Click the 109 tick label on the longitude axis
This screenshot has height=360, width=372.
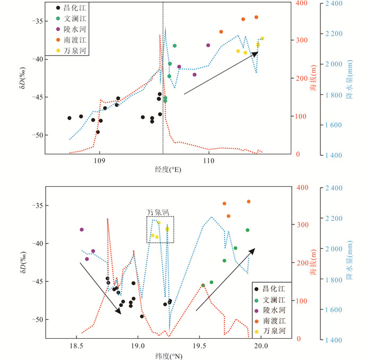tap(99, 161)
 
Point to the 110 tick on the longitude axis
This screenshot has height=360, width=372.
tap(209, 161)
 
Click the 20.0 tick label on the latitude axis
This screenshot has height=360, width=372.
tap(260, 346)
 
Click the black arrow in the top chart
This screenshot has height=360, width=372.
tap(221, 73)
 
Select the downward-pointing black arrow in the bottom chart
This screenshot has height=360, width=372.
tap(100, 288)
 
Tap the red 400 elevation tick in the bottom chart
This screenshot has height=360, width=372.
tap(303, 187)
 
